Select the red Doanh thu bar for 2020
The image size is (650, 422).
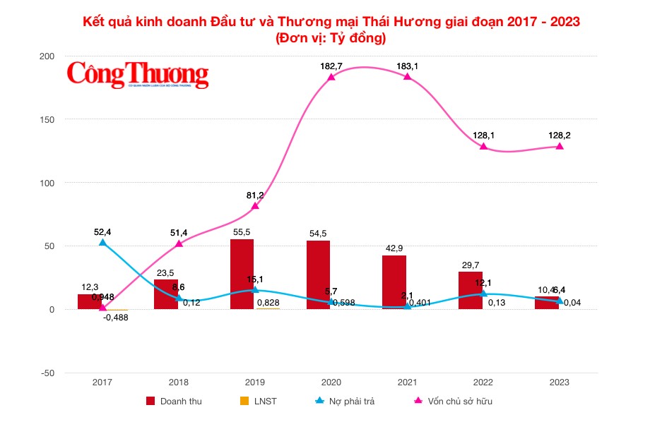click(318, 275)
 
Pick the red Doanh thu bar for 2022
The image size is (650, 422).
click(471, 291)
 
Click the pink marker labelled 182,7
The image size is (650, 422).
click(331, 77)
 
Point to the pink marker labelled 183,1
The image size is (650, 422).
click(408, 76)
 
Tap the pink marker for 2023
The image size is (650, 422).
click(560, 146)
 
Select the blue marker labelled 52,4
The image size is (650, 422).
click(102, 243)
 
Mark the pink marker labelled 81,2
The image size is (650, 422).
click(255, 206)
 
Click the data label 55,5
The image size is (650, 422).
click(242, 231)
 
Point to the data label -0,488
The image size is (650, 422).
click(115, 318)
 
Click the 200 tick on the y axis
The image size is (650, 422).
click(47, 56)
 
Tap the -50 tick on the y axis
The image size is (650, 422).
click(47, 373)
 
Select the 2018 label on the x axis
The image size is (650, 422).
click(178, 382)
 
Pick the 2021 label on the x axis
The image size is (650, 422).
click(407, 382)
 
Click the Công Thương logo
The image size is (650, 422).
click(138, 73)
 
